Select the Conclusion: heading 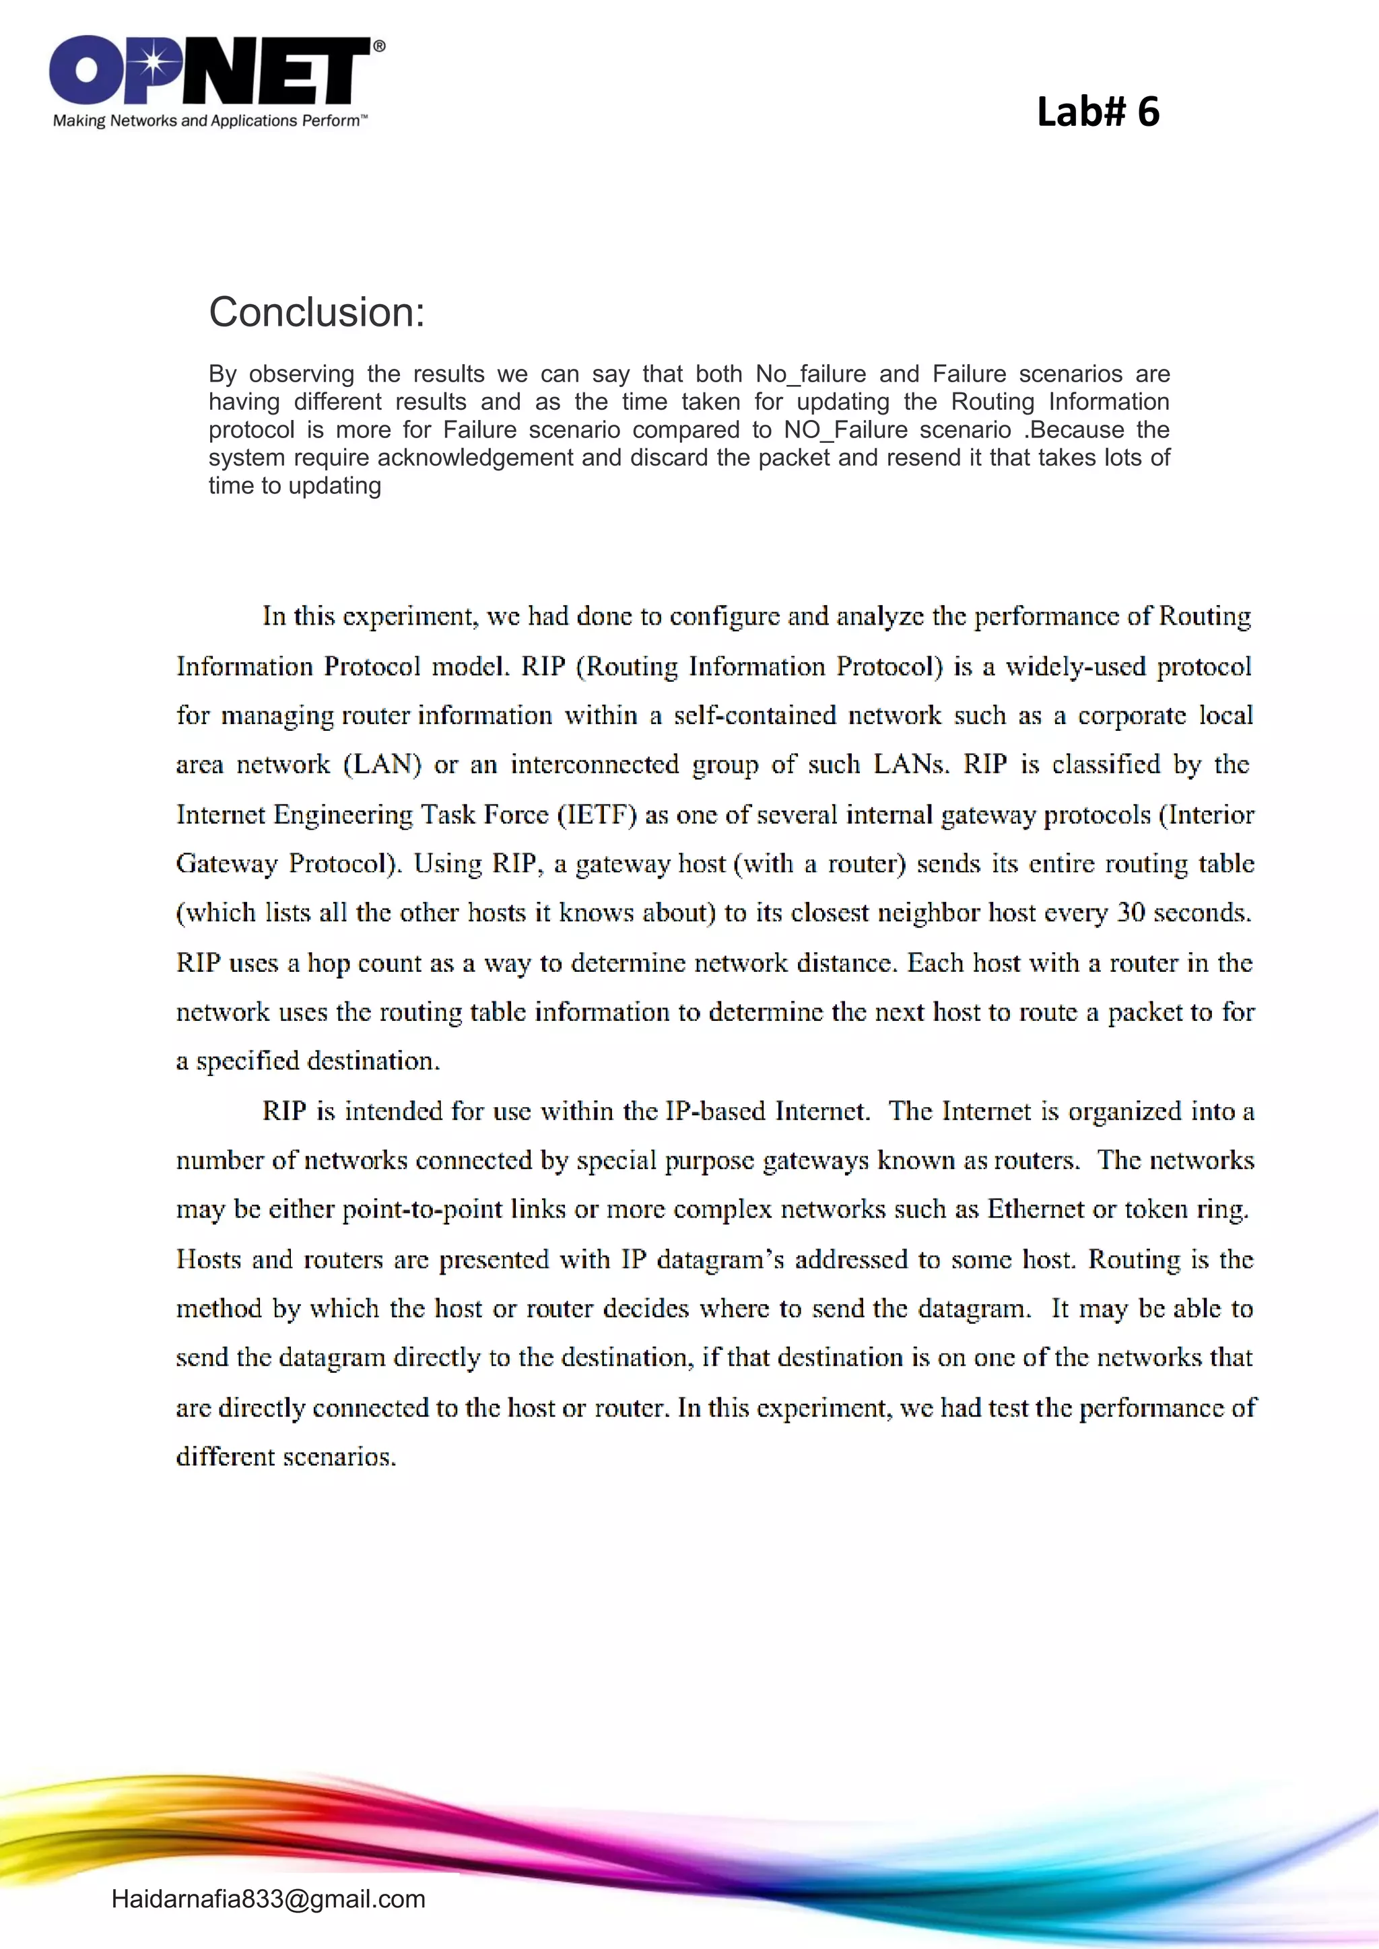pyautogui.click(x=316, y=312)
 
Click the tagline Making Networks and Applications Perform pyautogui.click(x=209, y=120)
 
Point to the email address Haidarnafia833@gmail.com pyautogui.click(x=269, y=1899)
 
